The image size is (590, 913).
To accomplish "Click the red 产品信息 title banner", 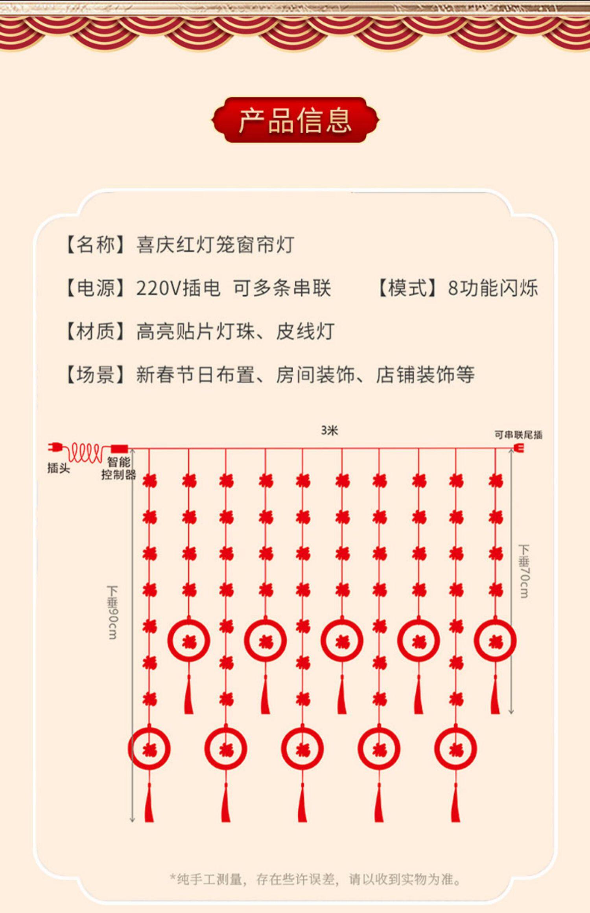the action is tap(295, 120).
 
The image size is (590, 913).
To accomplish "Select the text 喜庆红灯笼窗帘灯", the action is tap(215, 245).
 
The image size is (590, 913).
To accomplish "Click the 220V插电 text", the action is tap(178, 288).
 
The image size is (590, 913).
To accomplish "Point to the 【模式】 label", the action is tap(407, 288).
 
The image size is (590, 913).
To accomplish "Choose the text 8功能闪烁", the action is tap(492, 288).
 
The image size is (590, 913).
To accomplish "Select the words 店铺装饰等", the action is tap(425, 374).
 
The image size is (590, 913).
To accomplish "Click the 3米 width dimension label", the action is tap(329, 431).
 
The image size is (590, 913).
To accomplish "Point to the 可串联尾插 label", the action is tap(518, 435).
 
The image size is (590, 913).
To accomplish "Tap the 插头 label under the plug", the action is tap(58, 468).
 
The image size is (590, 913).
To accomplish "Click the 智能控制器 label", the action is tap(118, 468).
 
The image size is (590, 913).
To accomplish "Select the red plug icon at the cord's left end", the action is tap(55, 447).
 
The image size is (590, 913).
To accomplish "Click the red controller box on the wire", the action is tap(120, 448).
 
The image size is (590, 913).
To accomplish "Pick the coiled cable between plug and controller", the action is tap(86, 452).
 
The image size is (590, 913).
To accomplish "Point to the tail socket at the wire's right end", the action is tap(520, 448).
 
